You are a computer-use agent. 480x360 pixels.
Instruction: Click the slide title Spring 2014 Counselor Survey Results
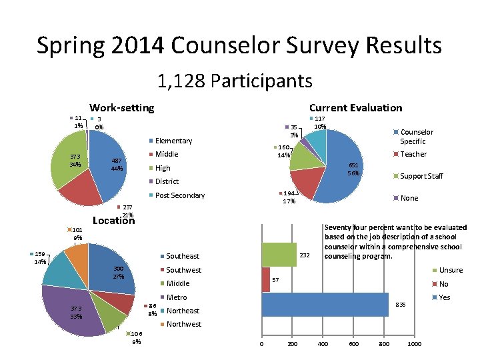239,45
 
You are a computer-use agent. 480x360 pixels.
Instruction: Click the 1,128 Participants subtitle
235,81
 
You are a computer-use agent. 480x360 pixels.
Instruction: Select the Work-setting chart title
121,107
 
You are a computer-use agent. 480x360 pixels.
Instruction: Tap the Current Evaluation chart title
355,107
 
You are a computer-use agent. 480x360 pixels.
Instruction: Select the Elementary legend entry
173,141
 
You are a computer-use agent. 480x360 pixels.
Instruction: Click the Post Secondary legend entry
179,195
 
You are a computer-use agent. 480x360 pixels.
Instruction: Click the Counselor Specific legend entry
416,137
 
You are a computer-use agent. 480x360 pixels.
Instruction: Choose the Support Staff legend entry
421,176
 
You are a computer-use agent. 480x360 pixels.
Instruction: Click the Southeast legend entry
182,256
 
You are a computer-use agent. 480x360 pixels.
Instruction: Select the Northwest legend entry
183,324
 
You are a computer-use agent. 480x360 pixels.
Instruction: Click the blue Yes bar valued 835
325,305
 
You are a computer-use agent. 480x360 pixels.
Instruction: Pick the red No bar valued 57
266,280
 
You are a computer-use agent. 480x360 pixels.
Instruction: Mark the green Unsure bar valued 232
279,255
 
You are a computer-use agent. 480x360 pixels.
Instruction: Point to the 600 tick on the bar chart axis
353,344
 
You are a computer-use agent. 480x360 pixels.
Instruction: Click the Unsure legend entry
451,270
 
